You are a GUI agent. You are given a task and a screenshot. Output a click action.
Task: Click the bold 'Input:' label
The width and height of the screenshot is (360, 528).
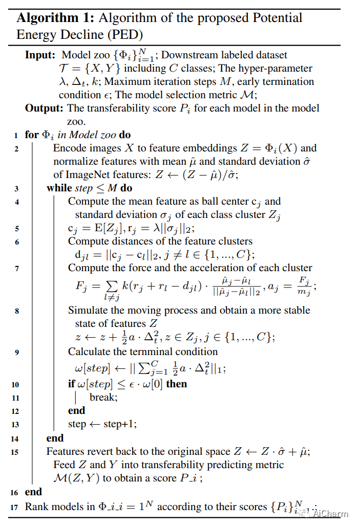(x=40, y=55)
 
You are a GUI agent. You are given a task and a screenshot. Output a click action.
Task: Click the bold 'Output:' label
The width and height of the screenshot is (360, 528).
(x=44, y=108)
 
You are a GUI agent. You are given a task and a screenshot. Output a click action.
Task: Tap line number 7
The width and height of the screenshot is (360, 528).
(x=17, y=268)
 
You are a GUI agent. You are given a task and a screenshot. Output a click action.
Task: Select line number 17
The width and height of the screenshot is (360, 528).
(x=15, y=507)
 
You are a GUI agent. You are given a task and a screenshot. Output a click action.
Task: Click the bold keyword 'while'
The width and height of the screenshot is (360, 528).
(x=59, y=188)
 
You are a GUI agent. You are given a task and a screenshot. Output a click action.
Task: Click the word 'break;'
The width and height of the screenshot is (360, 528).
(x=103, y=397)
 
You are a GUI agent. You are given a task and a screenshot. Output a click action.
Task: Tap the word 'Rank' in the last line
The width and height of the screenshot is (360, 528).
(x=35, y=507)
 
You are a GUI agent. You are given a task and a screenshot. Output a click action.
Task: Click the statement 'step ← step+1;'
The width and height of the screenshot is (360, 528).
(x=102, y=424)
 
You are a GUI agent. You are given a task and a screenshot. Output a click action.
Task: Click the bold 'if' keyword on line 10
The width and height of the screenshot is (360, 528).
(x=71, y=384)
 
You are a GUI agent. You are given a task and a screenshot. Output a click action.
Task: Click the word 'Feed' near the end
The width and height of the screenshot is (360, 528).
(x=63, y=465)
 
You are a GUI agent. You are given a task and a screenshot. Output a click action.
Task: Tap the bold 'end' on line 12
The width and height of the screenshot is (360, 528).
(x=76, y=410)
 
